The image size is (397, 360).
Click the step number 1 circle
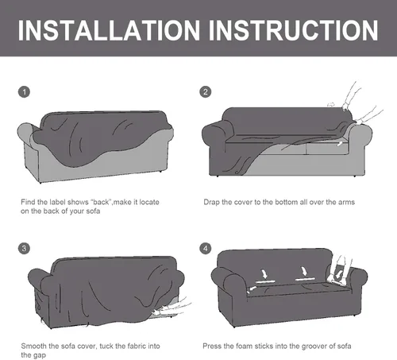coord(24,92)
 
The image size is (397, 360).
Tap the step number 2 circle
coord(206,92)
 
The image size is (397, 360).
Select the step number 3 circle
coord(24,248)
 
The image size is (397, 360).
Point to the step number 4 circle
coord(206,248)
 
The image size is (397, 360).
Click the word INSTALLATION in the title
coord(109,30)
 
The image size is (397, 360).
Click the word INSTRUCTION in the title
coord(294,30)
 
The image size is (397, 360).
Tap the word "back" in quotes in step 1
coord(101,202)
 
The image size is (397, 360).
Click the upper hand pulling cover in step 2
coord(351,98)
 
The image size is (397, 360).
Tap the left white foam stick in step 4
coord(265,281)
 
